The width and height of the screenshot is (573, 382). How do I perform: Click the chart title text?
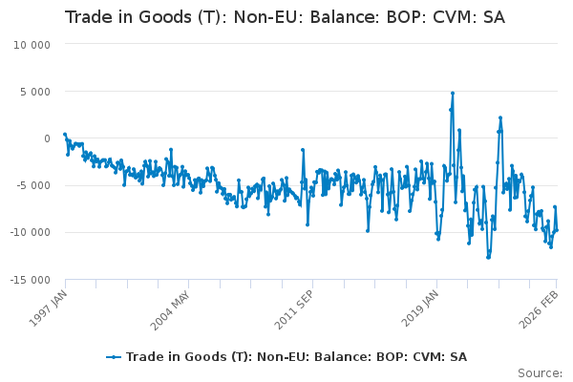285,17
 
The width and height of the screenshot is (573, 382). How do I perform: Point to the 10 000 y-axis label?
32,45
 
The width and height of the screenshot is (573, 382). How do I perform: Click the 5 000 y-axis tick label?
35,92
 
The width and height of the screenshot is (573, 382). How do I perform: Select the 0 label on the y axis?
47,138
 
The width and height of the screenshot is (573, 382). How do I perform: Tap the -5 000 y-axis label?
33,185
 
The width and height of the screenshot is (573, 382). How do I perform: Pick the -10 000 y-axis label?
30,232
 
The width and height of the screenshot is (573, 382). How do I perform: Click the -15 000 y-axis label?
30,280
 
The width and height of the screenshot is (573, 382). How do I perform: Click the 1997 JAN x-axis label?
49,308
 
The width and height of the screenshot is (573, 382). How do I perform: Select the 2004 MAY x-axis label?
170,310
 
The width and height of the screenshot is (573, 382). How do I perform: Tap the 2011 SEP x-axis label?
294,309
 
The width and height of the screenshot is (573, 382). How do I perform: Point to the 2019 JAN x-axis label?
420,308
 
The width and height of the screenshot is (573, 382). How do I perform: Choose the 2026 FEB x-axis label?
539,309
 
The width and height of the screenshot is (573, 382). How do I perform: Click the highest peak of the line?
453,94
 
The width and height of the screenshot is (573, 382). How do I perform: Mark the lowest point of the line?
488,257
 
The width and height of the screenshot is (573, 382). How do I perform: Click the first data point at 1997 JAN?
65,134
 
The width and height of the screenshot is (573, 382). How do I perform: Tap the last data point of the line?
557,230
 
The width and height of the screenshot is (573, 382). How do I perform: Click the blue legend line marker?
114,357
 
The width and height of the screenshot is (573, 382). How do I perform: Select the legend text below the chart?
296,357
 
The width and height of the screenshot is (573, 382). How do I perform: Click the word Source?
540,373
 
